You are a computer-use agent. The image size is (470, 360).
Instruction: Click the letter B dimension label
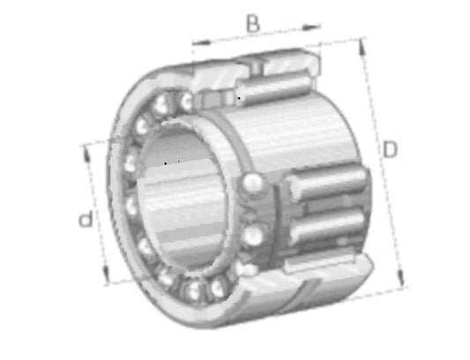[x=253, y=24]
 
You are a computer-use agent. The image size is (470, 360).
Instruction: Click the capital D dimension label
[x=390, y=149]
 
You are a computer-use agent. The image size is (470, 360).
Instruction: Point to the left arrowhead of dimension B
[x=201, y=42]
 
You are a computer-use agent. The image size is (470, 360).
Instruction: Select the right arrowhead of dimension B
[x=311, y=27]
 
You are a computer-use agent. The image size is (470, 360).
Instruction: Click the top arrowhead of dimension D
[x=362, y=47]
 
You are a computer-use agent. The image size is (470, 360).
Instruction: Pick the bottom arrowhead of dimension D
[x=400, y=276]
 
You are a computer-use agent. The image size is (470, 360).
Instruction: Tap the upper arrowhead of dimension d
[x=86, y=154]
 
